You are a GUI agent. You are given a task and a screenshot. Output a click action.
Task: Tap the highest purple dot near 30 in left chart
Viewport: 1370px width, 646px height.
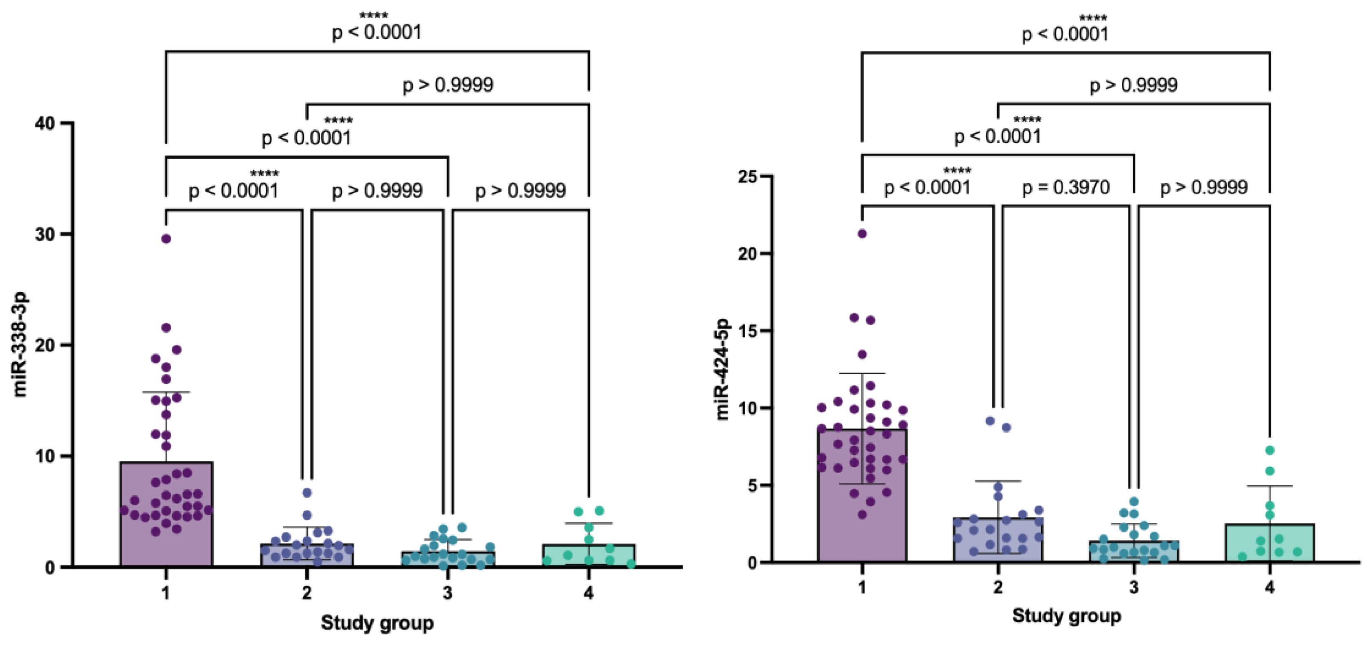[166, 239]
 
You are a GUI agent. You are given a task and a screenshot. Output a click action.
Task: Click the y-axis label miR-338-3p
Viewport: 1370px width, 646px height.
[20, 344]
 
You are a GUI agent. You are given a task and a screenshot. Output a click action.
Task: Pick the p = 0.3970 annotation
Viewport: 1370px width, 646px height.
[1066, 188]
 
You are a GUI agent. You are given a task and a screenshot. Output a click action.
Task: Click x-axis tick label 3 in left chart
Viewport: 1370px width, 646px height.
[447, 592]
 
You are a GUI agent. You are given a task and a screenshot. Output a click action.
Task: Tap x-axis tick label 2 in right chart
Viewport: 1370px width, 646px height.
[998, 587]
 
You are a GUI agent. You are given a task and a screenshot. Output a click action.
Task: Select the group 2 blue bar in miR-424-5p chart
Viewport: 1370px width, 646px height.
[998, 540]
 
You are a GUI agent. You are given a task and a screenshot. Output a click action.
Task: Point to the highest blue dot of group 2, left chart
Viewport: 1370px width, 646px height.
[307, 493]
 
